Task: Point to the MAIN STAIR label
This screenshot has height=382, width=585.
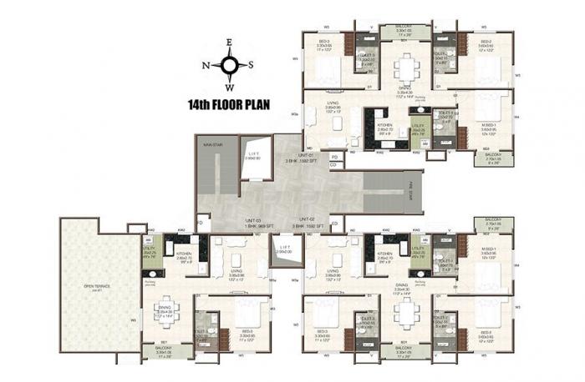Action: point(211,144)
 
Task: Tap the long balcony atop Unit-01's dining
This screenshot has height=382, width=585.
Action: point(405,31)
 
